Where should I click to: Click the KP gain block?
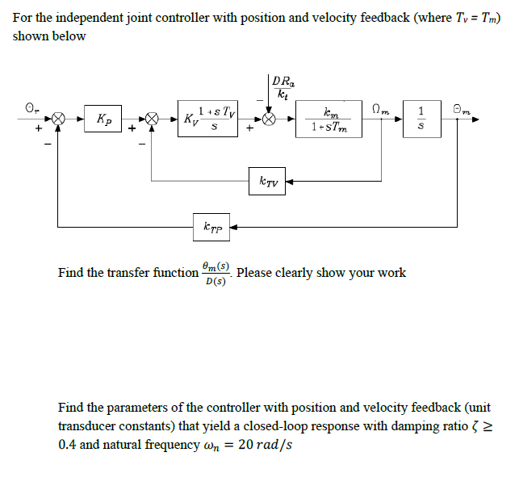[103, 119]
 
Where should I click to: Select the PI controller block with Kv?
[207, 119]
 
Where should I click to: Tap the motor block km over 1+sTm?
[329, 119]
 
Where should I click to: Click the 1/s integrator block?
[422, 119]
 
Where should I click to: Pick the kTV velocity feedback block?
[267, 181]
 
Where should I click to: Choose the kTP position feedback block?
[211, 227]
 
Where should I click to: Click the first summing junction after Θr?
[59, 119]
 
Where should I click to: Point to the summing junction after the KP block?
[152, 119]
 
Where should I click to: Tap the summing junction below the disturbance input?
[269, 119]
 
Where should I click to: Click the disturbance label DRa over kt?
[283, 87]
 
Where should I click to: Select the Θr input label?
[32, 108]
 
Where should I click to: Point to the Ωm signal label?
[380, 109]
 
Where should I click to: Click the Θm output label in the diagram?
[462, 109]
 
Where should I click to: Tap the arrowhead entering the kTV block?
[289, 181]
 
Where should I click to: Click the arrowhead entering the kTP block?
[234, 227]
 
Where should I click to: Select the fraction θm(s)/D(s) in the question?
[216, 274]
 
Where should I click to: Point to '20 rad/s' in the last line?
[265, 445]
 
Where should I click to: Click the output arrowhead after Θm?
[475, 119]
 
